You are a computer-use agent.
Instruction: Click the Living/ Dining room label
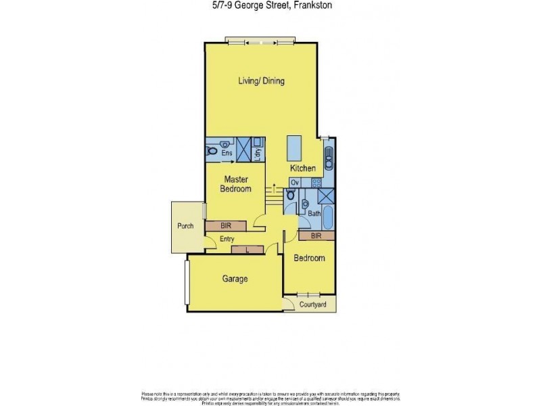(x=261, y=81)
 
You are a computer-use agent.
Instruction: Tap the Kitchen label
(x=303, y=168)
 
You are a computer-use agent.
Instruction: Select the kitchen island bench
(x=294, y=147)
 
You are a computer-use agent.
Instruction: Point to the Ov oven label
(x=294, y=183)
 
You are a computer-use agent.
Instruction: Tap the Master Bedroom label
(x=235, y=184)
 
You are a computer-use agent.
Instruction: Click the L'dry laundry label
(x=258, y=154)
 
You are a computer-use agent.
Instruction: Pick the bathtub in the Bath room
(x=327, y=219)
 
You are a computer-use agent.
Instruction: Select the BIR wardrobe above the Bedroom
(x=316, y=236)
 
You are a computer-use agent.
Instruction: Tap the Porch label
(x=185, y=226)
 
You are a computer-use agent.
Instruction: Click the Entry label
(x=227, y=238)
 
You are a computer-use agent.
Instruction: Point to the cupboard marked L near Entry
(x=247, y=250)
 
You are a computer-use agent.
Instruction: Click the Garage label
(x=235, y=279)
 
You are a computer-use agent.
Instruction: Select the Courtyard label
(x=313, y=305)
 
